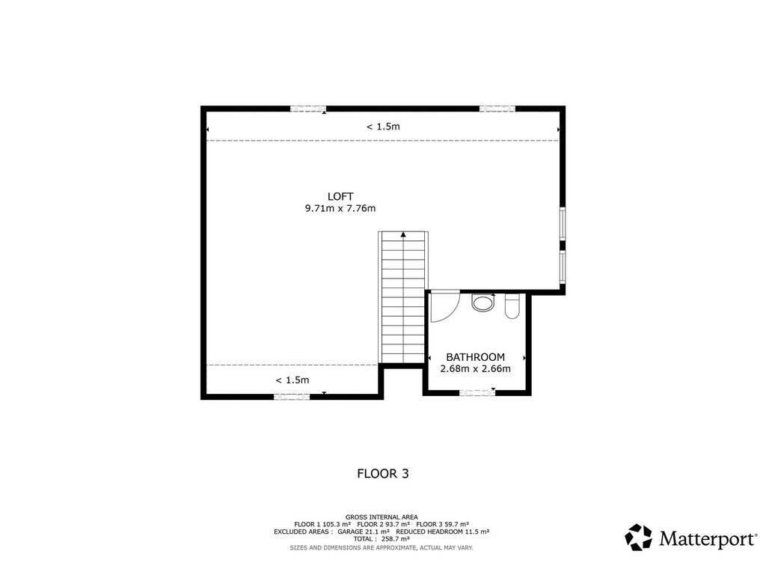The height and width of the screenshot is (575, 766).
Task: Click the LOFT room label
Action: coord(340,197)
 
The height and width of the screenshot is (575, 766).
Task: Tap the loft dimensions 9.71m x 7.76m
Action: coord(340,208)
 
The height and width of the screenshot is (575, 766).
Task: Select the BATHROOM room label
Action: coord(475,357)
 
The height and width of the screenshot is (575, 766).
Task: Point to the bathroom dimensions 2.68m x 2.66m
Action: coord(475,368)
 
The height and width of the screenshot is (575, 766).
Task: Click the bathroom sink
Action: coord(482,302)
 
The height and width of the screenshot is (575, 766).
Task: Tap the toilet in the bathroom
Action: coord(512,306)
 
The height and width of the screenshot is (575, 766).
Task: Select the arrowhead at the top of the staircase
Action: coord(403,234)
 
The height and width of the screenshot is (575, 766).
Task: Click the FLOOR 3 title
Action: coord(383,473)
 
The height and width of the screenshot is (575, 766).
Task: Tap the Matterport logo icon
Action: coord(639,538)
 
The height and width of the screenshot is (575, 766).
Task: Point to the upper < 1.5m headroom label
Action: coord(383,127)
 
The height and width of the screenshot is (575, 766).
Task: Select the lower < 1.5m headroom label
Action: coord(292,380)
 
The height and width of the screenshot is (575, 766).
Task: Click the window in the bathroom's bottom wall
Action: coord(477,392)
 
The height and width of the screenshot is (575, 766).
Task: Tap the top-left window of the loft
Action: coord(308,109)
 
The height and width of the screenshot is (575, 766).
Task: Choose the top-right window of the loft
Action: coord(497,109)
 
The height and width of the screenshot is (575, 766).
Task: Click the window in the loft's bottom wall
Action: coord(292,397)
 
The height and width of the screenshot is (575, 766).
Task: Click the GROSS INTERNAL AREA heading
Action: coord(382,517)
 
